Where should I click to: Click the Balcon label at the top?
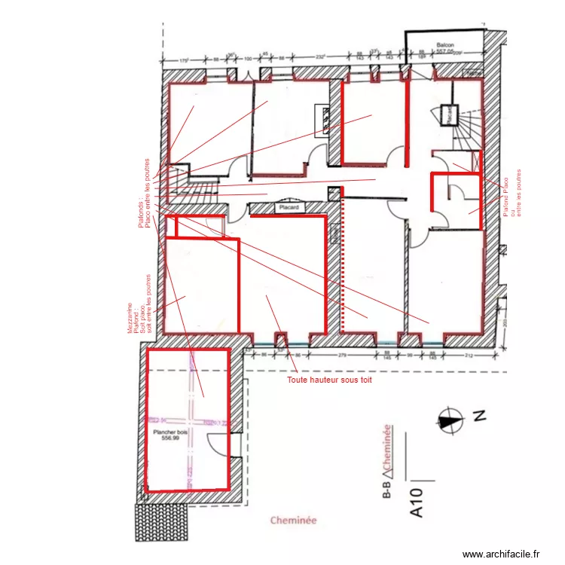coord(442,46)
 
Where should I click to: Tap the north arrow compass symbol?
coord(451,420)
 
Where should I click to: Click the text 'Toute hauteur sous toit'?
coord(330,380)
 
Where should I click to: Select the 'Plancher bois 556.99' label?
coord(171,435)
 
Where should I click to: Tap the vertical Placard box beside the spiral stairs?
coord(451,115)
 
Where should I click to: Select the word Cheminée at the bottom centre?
coord(293,520)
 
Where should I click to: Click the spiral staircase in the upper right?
coord(467,128)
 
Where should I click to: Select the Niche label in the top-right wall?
coord(473,73)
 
